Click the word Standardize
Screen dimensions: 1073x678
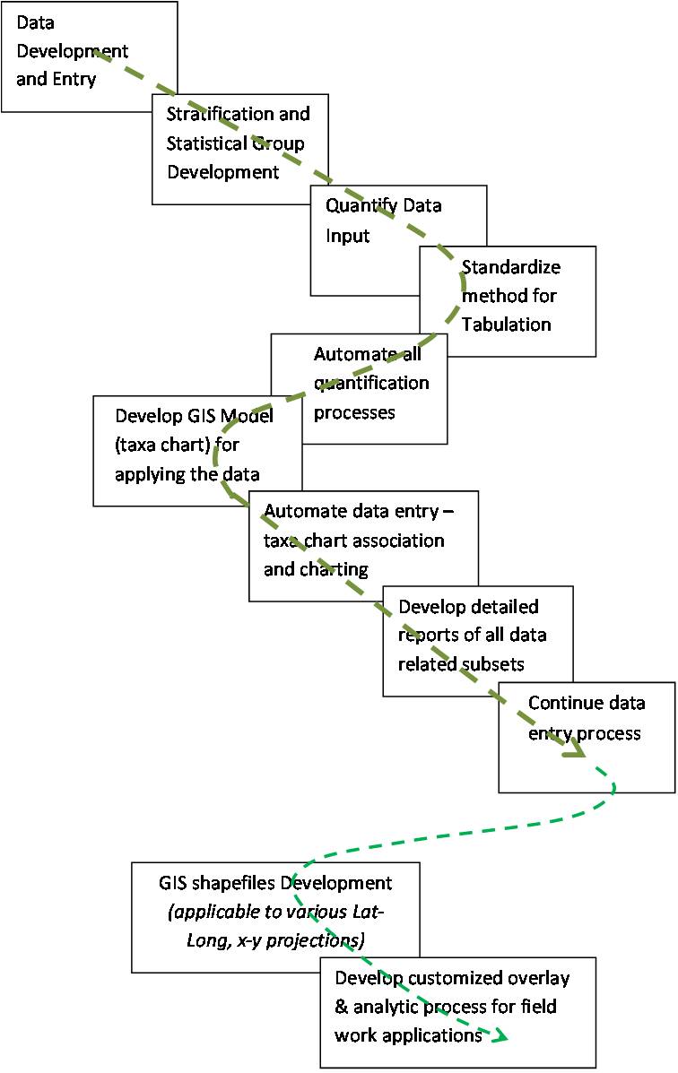coord(510,267)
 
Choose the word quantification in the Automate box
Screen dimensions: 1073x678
coord(371,384)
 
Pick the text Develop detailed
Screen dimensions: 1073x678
coord(468,607)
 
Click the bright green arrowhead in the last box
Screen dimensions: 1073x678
coord(499,1036)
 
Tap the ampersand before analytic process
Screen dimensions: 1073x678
coord(341,1007)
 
